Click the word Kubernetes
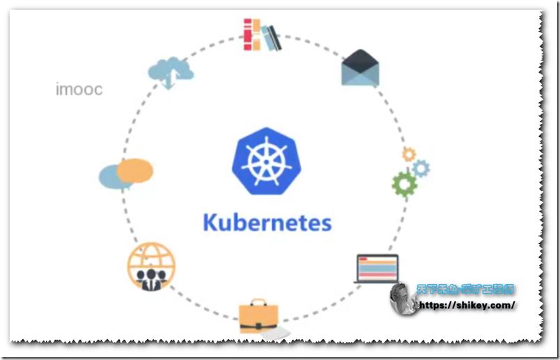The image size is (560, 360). (x=267, y=223)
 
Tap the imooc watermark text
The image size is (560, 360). (x=79, y=90)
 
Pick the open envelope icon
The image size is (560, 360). (x=360, y=68)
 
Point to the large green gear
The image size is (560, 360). (x=403, y=183)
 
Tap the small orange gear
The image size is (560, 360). (x=408, y=154)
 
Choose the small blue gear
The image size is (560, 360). (x=421, y=168)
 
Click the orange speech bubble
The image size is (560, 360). (x=134, y=169)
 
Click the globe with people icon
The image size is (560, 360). (x=151, y=266)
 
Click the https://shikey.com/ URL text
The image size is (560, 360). (x=466, y=306)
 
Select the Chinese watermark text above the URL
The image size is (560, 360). (x=465, y=289)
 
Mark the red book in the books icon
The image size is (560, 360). (x=248, y=35)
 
